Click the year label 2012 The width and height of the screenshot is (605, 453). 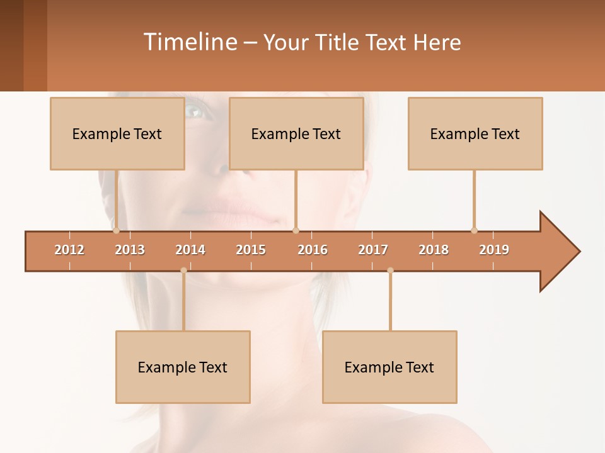(69, 250)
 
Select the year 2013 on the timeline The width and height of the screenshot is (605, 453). (130, 250)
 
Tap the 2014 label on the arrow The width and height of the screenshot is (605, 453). (190, 250)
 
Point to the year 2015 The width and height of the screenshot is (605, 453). (251, 250)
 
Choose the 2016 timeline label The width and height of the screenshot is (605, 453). (313, 250)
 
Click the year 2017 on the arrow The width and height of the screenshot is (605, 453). (373, 250)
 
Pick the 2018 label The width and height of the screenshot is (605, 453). (434, 250)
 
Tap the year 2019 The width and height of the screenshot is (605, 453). (494, 250)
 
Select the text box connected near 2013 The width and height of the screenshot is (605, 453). (117, 133)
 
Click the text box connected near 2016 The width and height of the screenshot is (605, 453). (296, 133)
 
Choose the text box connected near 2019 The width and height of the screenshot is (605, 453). (475, 133)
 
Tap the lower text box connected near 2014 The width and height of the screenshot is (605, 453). (183, 367)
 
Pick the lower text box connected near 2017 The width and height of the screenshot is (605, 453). (389, 367)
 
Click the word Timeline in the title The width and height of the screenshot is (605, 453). (188, 42)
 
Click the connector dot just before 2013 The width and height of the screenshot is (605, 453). (116, 230)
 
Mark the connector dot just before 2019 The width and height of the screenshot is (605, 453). (474, 230)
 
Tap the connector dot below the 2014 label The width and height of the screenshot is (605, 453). (183, 271)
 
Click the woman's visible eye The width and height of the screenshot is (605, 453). (194, 112)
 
